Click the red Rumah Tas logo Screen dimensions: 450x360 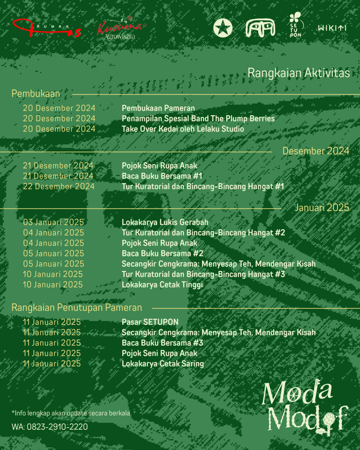47,29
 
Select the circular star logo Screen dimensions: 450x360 223,28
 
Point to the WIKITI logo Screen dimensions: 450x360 332,28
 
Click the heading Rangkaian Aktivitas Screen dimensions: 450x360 299,73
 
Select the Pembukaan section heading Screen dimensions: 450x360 36,93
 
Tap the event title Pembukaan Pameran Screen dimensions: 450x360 158,108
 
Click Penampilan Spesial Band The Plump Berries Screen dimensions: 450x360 198,119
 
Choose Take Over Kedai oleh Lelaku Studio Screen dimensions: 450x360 183,129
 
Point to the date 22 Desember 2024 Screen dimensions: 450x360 59,187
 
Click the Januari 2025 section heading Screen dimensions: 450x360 322,208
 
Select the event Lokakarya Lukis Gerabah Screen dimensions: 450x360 165,223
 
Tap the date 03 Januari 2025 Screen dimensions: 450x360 53,223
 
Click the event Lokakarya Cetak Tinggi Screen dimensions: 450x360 162,285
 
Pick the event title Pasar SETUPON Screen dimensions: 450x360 150,322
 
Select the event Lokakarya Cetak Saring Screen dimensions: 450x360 163,364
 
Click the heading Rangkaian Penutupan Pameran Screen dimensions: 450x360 77,307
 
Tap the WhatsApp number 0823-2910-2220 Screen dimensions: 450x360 57,427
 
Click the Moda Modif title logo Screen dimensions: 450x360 304,407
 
